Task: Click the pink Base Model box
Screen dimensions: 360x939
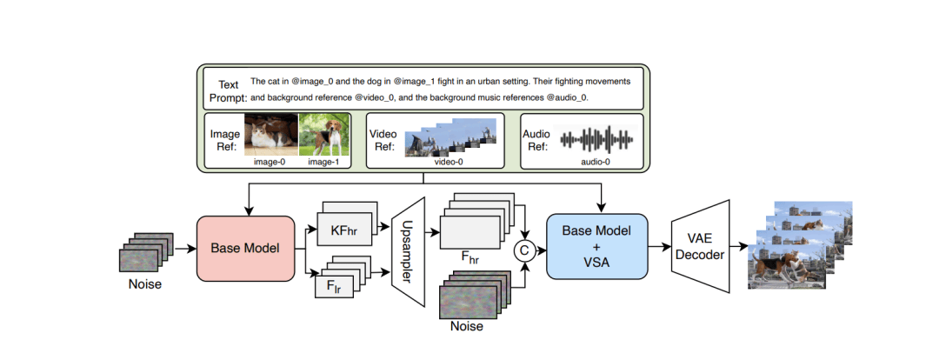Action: [246, 248]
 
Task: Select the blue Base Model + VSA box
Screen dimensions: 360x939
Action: [596, 246]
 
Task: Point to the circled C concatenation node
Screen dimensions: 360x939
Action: [523, 251]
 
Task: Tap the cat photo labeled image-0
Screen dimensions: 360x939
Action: [271, 136]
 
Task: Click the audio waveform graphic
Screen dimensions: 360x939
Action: [596, 138]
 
